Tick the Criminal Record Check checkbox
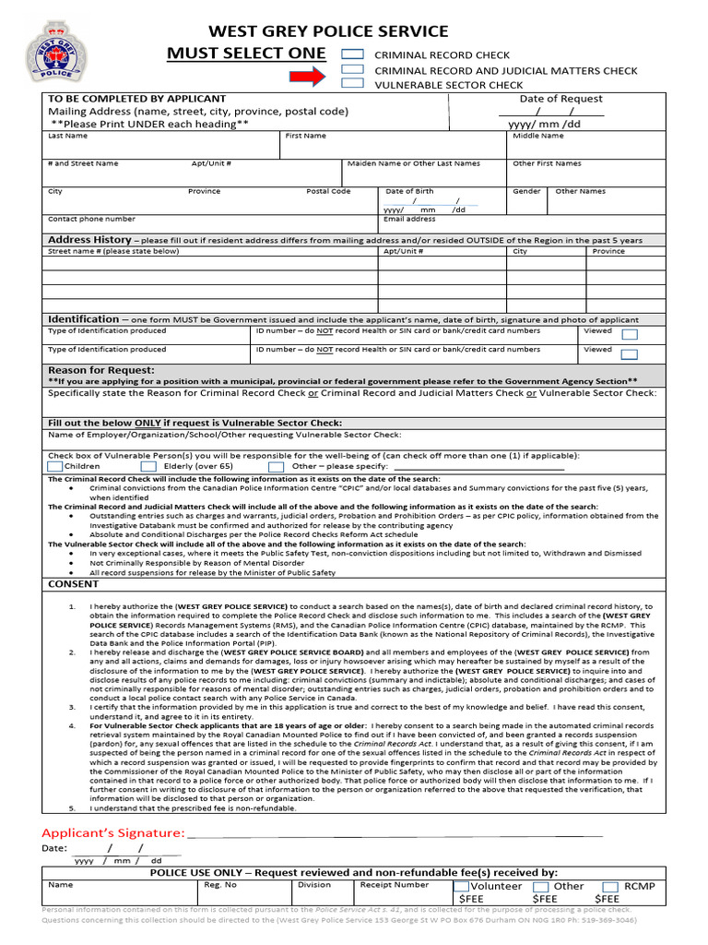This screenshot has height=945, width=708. coord(352,54)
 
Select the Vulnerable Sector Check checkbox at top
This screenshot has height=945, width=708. coord(352,84)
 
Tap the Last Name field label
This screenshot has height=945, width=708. coord(67,136)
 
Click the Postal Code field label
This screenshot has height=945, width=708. coord(328,191)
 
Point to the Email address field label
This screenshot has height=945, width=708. coord(409,219)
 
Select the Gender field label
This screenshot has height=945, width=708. coord(526,191)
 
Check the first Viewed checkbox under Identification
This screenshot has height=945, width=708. coord(629,334)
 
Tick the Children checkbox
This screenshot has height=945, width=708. coord(54,466)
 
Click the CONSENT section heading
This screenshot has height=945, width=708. coord(73,584)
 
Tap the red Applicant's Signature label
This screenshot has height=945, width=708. coord(112,833)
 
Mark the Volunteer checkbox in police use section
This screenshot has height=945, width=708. coord(461,886)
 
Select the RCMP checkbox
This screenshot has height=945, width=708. coord(609,886)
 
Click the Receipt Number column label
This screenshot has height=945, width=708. coord(394,884)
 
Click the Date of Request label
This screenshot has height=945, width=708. coord(560,99)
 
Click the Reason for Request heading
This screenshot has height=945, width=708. coord(101,370)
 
